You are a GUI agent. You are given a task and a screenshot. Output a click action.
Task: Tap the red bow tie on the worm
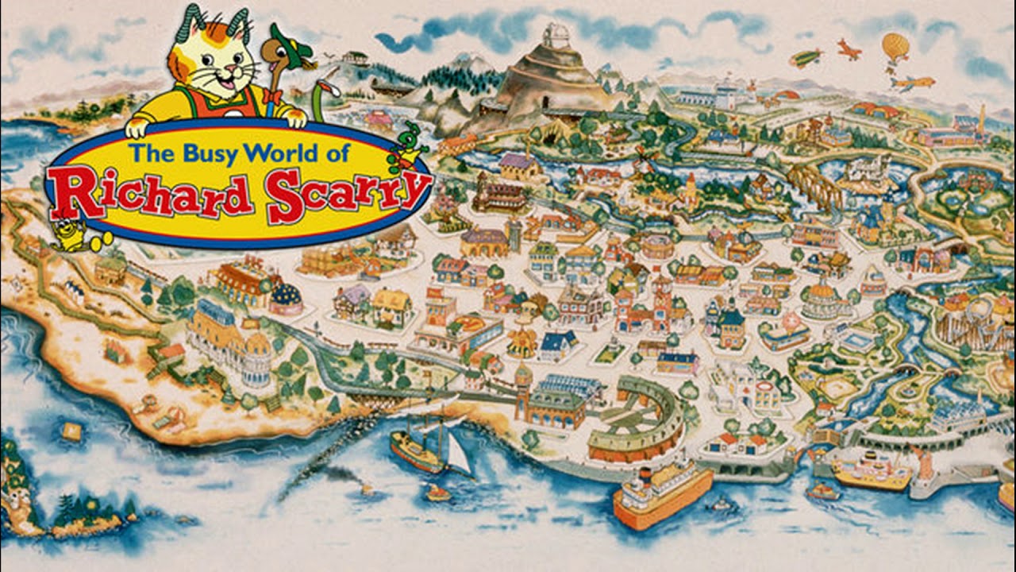[x=274, y=96]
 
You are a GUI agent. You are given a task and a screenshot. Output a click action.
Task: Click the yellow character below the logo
[x=73, y=234]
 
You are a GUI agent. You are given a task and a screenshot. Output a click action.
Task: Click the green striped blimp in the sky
[x=806, y=58]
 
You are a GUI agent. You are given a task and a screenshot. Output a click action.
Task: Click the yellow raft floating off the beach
[x=71, y=431]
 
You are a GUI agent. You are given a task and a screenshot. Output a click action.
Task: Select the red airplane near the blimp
[x=849, y=49]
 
